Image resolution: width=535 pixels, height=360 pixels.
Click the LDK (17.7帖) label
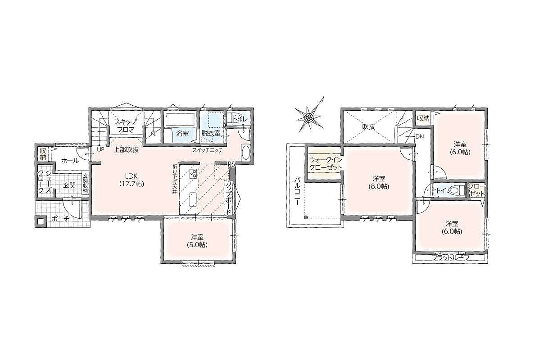[x=131, y=180]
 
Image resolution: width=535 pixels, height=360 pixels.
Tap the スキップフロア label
[x=126, y=126]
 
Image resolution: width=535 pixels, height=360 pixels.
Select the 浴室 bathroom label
[x=182, y=134]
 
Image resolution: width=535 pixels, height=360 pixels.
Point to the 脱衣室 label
[x=210, y=134]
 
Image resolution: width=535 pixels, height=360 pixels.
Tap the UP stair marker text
[x=101, y=149]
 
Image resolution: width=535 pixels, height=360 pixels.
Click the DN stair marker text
[x=419, y=136]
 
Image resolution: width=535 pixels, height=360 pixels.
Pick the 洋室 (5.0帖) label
[x=198, y=241]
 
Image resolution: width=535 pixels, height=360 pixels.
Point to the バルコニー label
[x=297, y=191]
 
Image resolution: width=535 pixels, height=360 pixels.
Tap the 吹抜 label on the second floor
[x=368, y=126]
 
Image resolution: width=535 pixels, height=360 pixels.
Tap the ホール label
[x=70, y=161]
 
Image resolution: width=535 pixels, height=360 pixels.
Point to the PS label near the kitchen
[x=231, y=164]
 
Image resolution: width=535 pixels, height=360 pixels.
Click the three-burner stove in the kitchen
[x=193, y=174]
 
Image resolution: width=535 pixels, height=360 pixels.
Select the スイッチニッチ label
[x=208, y=150]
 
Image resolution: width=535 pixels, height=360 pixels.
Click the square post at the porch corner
[x=41, y=221]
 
